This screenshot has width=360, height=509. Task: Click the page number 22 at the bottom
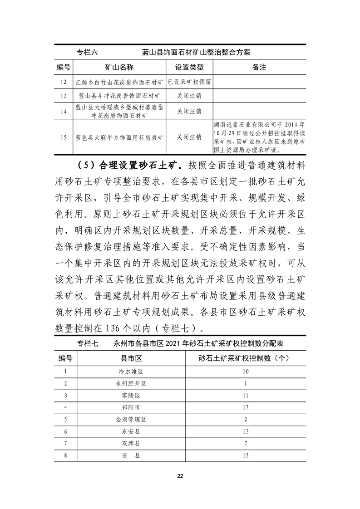point(180,476)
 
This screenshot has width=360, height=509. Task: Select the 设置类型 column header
point(189,68)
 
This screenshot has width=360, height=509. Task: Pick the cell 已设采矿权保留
point(189,82)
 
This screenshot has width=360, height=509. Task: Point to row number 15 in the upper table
point(64,137)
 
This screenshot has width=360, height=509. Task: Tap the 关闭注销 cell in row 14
point(189,111)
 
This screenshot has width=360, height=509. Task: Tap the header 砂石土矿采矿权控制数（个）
point(245,358)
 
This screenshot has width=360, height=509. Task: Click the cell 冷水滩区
point(131,372)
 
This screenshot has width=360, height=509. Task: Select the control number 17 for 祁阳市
point(245,407)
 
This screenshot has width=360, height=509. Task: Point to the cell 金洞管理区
point(131,419)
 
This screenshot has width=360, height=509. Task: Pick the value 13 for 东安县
point(245,431)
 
